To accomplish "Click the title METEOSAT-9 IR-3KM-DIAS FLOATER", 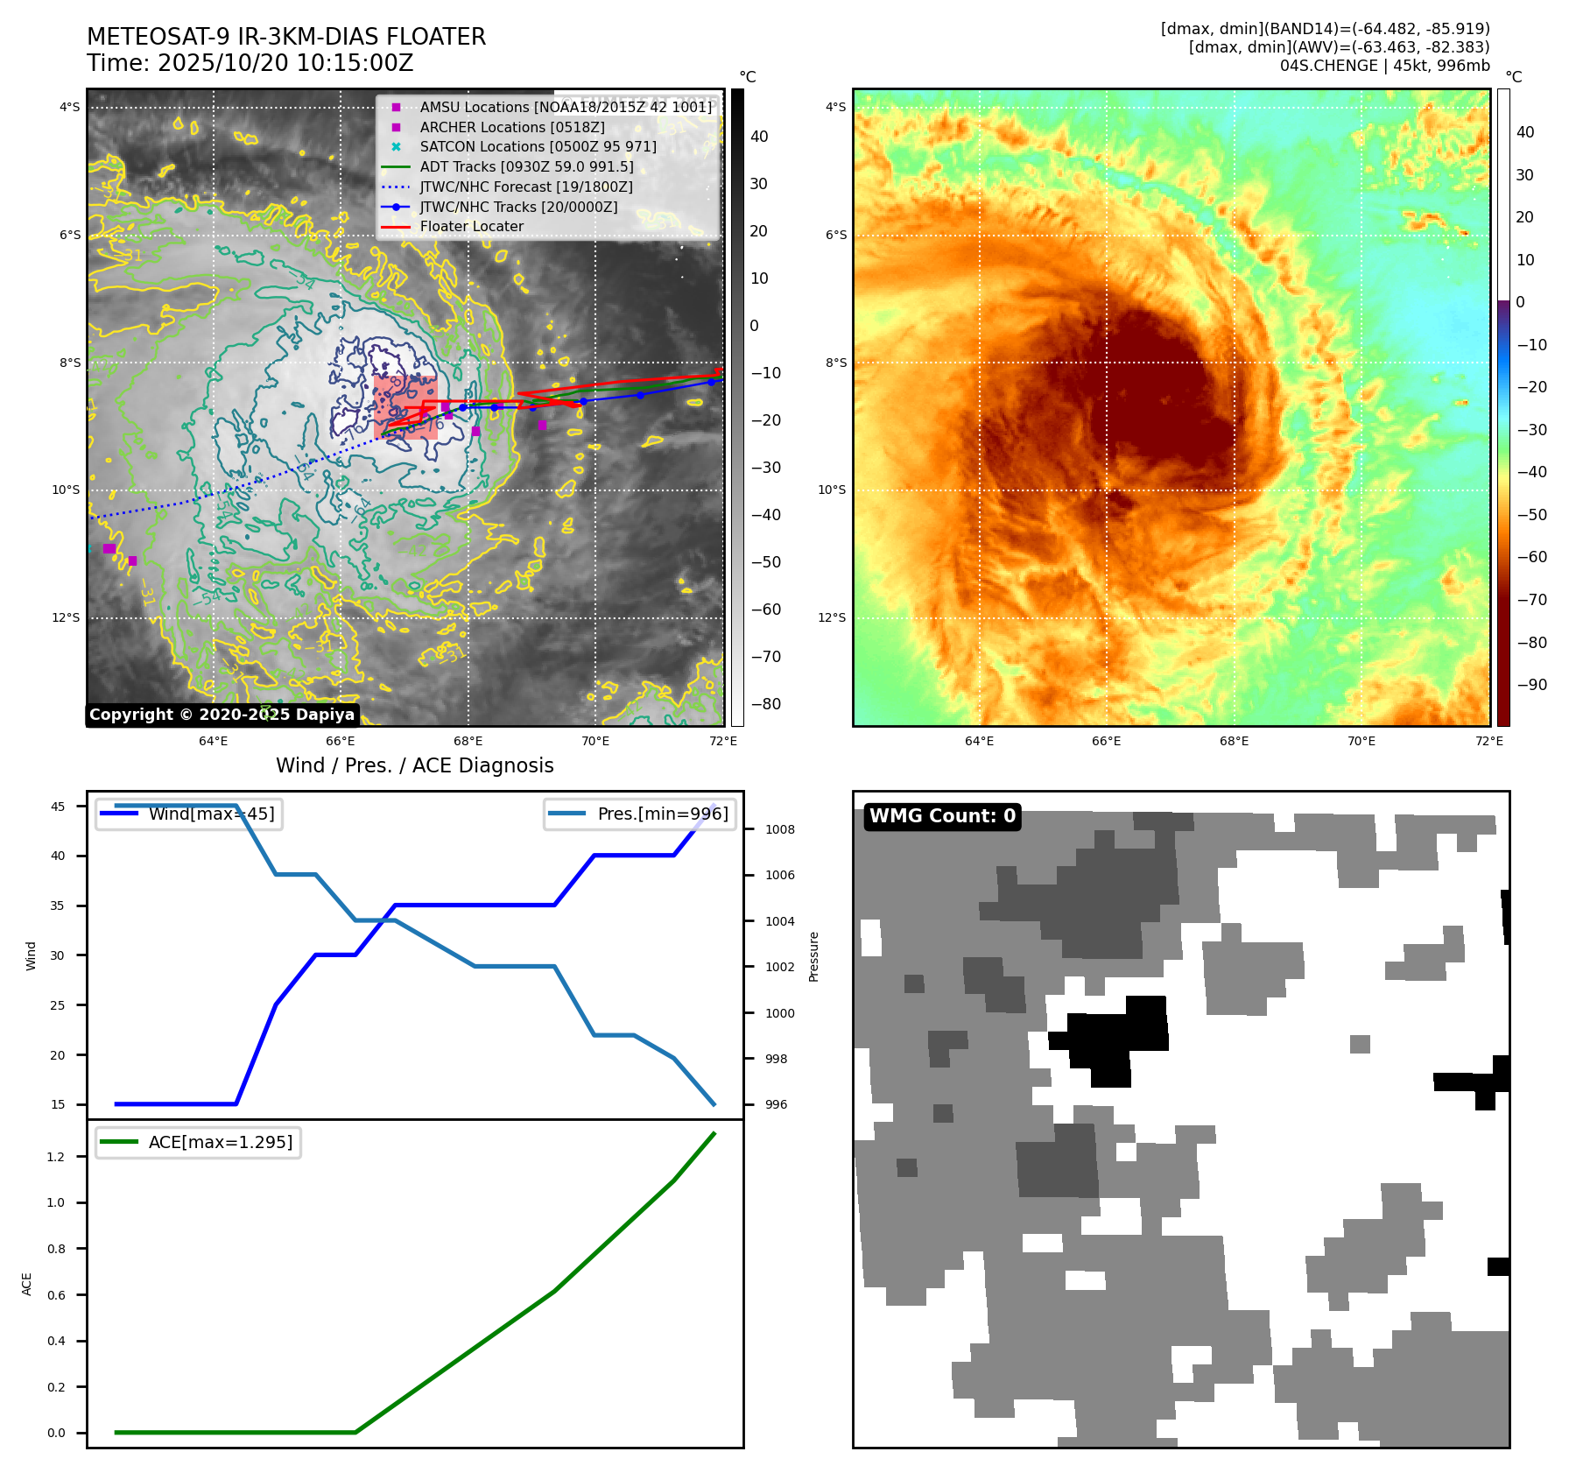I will pyautogui.click(x=286, y=37).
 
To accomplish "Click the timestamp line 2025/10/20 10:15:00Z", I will pyautogui.click(x=250, y=64).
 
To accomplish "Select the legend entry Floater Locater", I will pyautogui.click(x=471, y=226).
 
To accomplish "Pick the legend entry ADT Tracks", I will pyautogui.click(x=525, y=166).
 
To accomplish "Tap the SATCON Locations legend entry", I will pyautogui.click(x=537, y=146).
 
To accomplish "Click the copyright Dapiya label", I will pyautogui.click(x=222, y=715).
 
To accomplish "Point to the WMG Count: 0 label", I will pyautogui.click(x=942, y=816).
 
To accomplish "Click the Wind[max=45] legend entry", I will pyautogui.click(x=211, y=814).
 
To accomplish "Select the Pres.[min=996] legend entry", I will pyautogui.click(x=662, y=814).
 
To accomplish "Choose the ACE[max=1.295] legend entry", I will pyautogui.click(x=220, y=1142).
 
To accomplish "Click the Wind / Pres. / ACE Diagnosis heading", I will pyautogui.click(x=414, y=765).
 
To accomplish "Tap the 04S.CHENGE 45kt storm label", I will pyautogui.click(x=1384, y=66).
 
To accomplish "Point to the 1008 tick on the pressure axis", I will pyautogui.click(x=779, y=829).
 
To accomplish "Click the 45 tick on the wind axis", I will pyautogui.click(x=58, y=807).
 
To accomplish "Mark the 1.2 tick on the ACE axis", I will pyautogui.click(x=56, y=1157).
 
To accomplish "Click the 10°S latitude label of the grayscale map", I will pyautogui.click(x=66, y=490).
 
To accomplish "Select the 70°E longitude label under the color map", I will pyautogui.click(x=1361, y=741).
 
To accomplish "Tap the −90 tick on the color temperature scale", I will pyautogui.click(x=1531, y=685).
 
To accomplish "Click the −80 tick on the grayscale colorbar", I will pyautogui.click(x=765, y=704).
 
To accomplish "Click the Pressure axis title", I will pyautogui.click(x=813, y=956).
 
